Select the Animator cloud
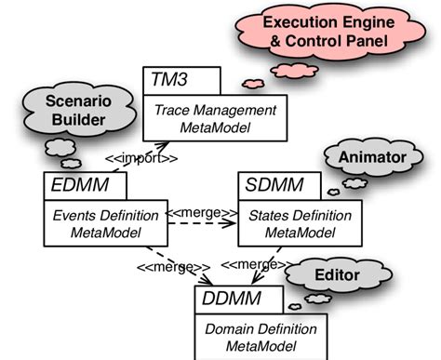pyautogui.click(x=371, y=158)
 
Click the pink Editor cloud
pyautogui.click(x=336, y=276)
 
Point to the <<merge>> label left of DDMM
pyautogui.click(x=168, y=267)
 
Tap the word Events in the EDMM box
pyautogui.click(x=64, y=215)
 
